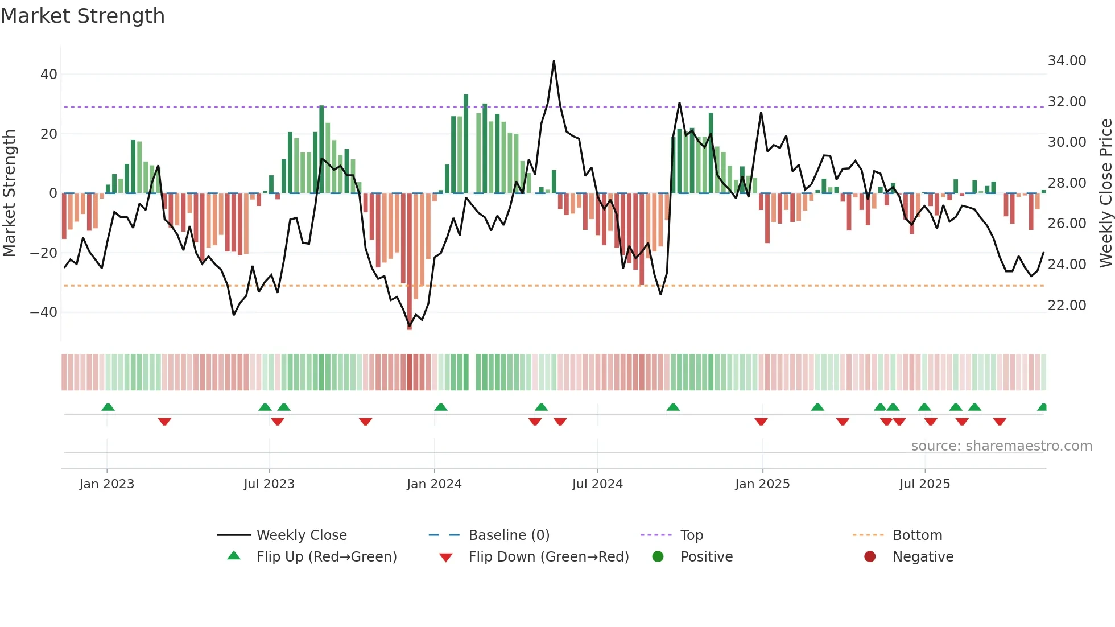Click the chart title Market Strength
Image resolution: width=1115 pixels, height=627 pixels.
[x=82, y=16]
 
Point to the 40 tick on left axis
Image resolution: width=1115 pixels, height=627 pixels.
[x=48, y=75]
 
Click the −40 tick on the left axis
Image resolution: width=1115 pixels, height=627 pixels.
[x=43, y=312]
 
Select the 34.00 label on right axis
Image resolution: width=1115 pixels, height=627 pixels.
[x=1067, y=61]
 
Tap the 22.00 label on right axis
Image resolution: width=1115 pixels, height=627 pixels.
[x=1067, y=306]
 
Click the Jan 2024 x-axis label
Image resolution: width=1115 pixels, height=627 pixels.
[x=434, y=484]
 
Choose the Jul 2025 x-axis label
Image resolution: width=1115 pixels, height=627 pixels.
[x=924, y=484]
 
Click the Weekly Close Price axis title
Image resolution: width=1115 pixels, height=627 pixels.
[x=1105, y=193]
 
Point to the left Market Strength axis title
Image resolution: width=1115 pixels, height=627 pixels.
[x=9, y=193]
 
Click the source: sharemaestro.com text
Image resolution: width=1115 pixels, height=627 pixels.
[x=1001, y=446]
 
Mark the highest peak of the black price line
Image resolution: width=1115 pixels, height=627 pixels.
[x=554, y=61]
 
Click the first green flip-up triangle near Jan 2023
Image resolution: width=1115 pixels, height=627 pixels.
[x=108, y=407]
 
